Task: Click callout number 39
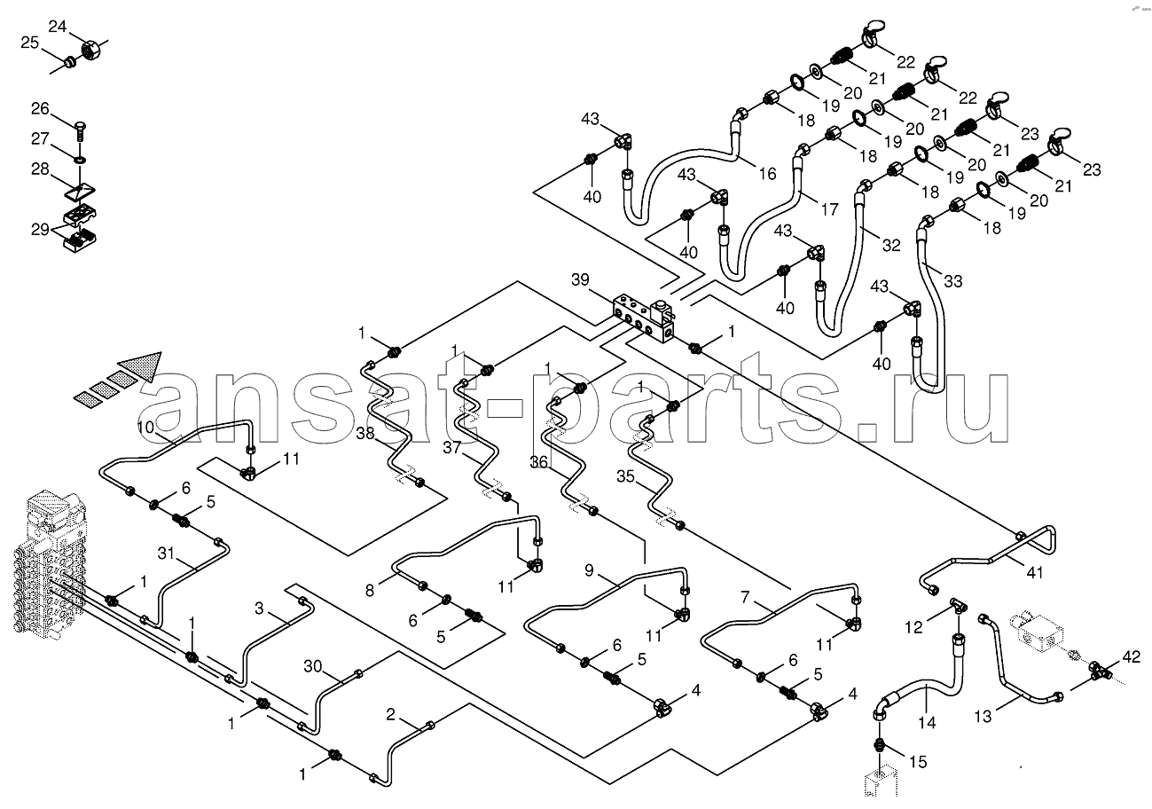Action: (x=580, y=279)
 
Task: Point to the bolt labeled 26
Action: (x=80, y=131)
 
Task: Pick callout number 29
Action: (x=40, y=229)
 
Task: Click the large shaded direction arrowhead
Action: (x=144, y=365)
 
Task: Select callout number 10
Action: (x=145, y=427)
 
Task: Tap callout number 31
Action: (x=166, y=553)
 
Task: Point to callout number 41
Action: (x=1034, y=572)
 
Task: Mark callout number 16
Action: (x=767, y=174)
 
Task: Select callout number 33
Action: (x=953, y=281)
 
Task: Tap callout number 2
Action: (x=390, y=714)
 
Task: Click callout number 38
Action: (x=365, y=434)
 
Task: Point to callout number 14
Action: (x=927, y=723)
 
